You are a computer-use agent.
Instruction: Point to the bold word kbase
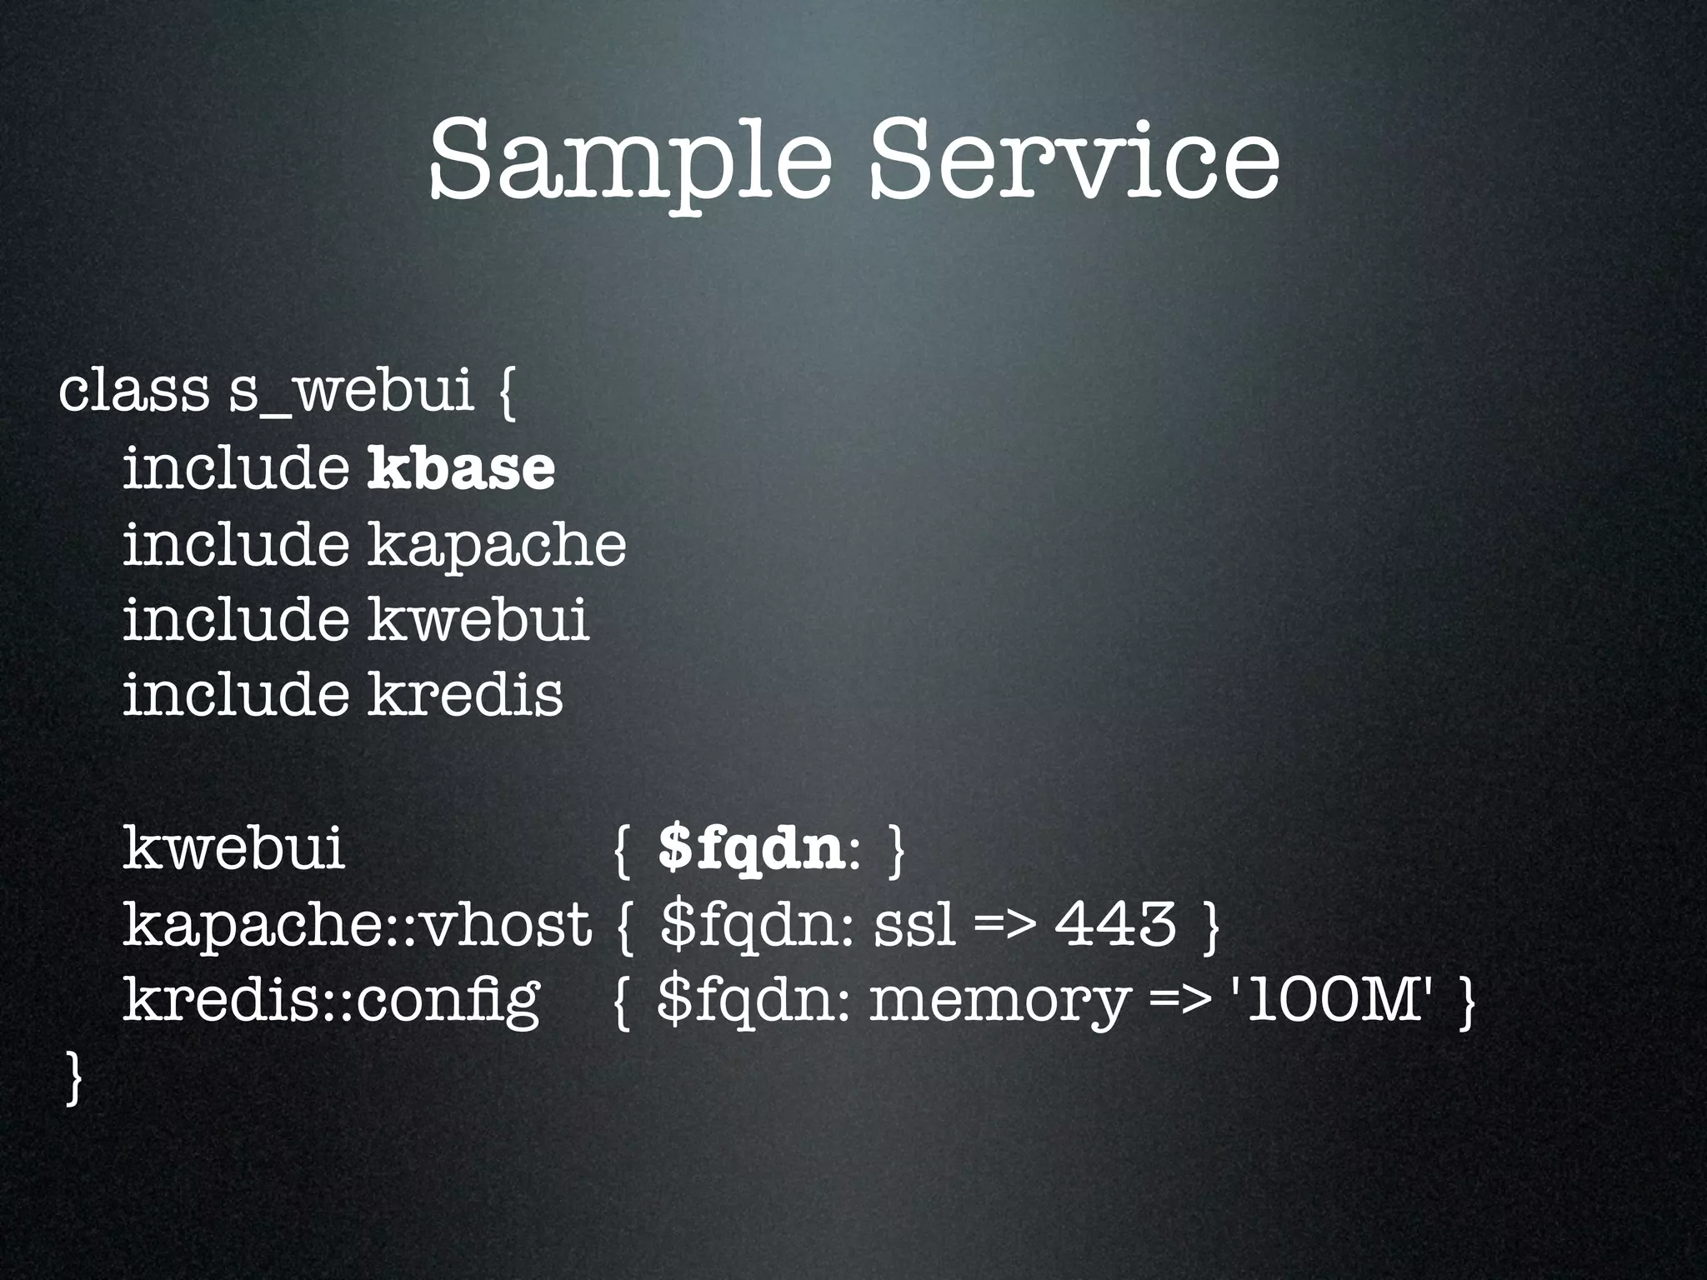(x=461, y=468)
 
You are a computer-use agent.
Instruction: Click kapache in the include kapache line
(x=497, y=546)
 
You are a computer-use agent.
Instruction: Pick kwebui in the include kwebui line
(x=478, y=620)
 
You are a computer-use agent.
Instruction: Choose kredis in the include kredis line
(x=465, y=695)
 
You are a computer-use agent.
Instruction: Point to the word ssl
(x=914, y=925)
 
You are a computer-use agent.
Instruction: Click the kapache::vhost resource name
(x=357, y=925)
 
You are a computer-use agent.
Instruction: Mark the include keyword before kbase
(x=236, y=468)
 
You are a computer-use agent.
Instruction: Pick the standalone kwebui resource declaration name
(x=233, y=850)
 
